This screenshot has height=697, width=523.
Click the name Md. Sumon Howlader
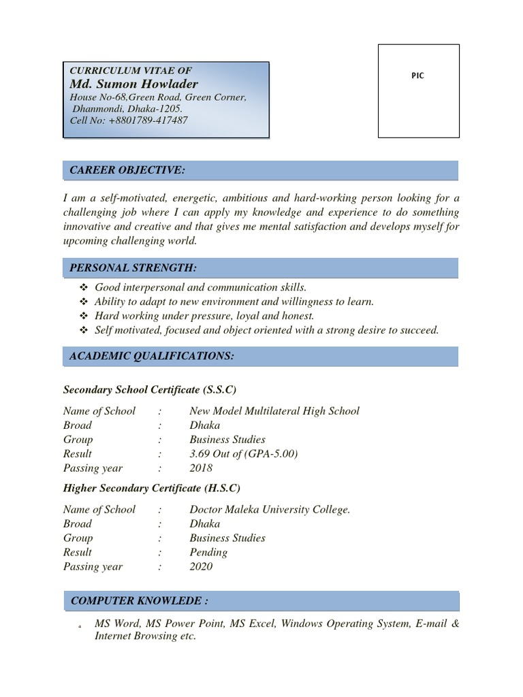click(133, 84)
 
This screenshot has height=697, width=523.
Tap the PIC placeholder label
click(417, 76)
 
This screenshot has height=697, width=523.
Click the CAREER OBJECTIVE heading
click(127, 170)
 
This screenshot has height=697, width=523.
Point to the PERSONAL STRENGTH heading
click(133, 268)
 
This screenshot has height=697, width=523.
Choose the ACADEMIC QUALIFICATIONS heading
click(152, 356)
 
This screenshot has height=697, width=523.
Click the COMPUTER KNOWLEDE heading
click(139, 601)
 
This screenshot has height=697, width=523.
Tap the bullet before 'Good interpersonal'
click(84, 288)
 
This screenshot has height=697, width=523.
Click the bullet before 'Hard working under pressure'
click(84, 316)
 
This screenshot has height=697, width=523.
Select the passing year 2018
click(202, 468)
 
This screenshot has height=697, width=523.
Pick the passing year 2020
click(202, 566)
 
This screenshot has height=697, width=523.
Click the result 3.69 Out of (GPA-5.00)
click(244, 454)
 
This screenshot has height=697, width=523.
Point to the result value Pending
click(209, 552)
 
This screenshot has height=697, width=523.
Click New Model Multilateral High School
click(274, 411)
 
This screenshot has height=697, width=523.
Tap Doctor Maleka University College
click(270, 509)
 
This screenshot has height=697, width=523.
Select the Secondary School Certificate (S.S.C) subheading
click(150, 389)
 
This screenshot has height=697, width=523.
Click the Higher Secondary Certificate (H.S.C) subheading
click(152, 488)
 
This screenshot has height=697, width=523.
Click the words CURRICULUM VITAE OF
click(131, 70)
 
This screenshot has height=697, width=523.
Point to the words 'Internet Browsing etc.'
click(145, 636)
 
